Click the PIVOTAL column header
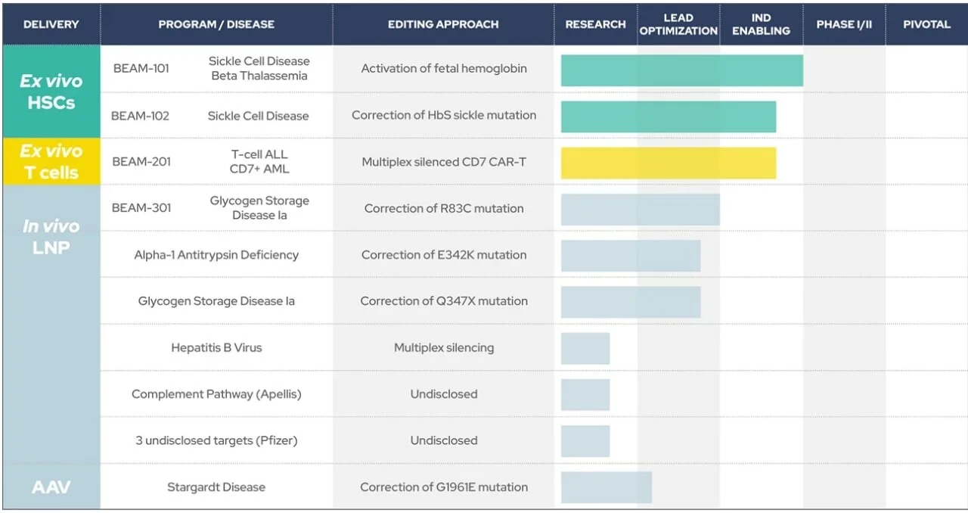click(926, 24)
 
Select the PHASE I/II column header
click(844, 24)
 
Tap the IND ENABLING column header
click(761, 24)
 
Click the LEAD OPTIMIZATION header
click(678, 24)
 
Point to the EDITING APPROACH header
click(443, 24)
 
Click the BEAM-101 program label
click(141, 68)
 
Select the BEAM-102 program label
click(140, 116)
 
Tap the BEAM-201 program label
click(141, 162)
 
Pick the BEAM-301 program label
click(141, 208)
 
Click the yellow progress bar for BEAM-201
click(669, 163)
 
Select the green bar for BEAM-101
click(682, 70)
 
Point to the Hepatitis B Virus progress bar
click(585, 348)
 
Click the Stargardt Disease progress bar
click(607, 487)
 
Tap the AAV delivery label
click(51, 487)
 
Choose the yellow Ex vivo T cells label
click(51, 162)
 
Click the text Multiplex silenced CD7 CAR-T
click(444, 162)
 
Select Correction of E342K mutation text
click(444, 255)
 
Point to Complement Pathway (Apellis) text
click(216, 394)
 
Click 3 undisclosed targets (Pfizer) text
click(216, 440)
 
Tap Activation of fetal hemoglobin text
click(444, 68)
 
